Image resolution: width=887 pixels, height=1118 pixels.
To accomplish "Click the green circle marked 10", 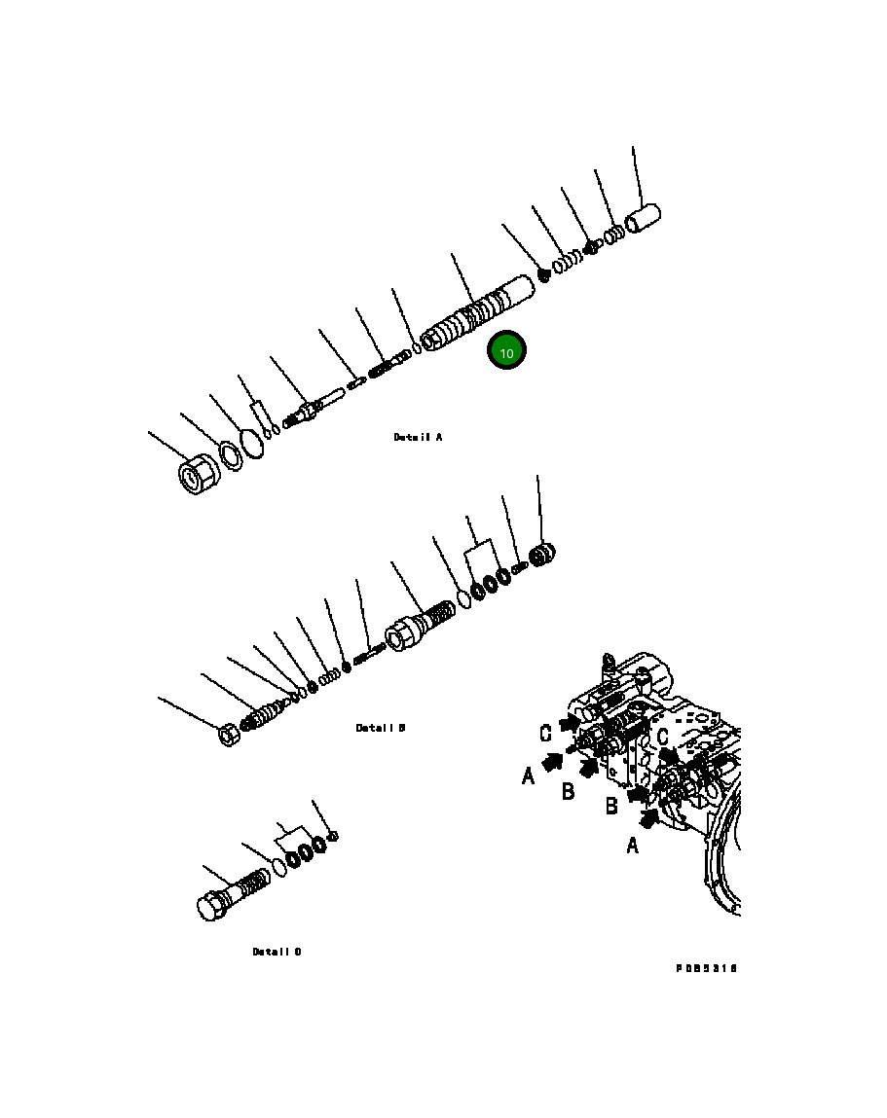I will (506, 352).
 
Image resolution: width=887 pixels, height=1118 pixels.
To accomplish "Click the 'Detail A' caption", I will (418, 438).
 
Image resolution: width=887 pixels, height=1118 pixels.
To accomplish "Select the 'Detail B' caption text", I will (380, 728).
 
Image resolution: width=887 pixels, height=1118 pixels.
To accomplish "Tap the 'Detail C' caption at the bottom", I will (277, 952).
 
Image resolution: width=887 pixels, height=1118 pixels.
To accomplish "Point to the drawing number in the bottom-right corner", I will (707, 968).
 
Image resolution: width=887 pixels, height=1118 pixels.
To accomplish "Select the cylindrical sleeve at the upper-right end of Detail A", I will (643, 218).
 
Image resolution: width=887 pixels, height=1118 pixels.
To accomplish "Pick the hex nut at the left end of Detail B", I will (228, 735).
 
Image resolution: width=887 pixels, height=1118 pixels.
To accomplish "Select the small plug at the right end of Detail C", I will (333, 836).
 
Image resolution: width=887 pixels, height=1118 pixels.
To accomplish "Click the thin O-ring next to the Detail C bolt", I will (278, 867).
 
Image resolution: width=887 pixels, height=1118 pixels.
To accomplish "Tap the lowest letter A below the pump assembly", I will (632, 846).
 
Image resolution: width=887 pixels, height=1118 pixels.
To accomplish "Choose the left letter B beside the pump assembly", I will (568, 790).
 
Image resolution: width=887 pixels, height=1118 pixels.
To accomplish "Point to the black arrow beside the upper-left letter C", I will (569, 723).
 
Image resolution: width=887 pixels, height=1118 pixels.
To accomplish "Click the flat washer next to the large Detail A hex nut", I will (232, 455).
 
